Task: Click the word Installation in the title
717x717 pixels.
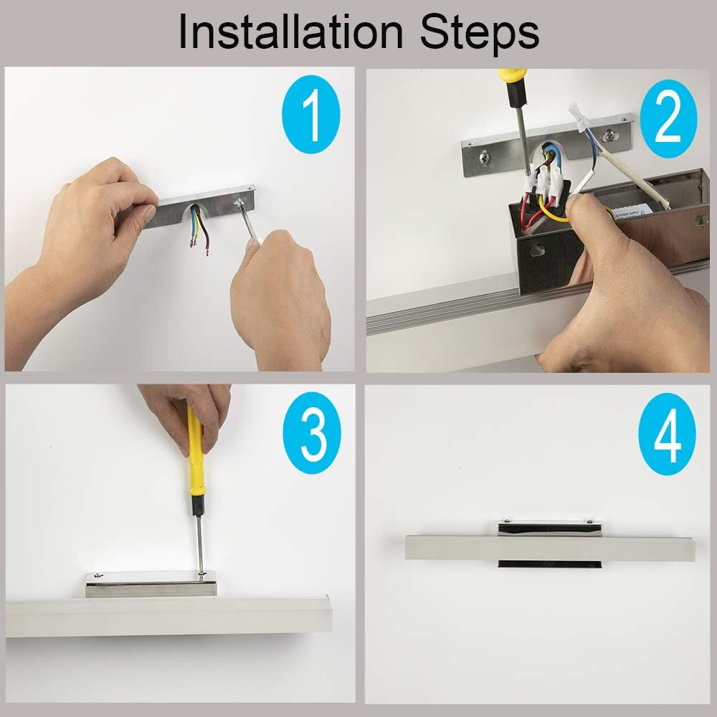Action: click(x=291, y=32)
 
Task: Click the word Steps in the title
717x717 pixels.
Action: click(x=480, y=34)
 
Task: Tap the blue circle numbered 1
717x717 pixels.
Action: click(x=311, y=114)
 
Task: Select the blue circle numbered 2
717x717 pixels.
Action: click(x=668, y=119)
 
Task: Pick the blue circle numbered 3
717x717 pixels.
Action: click(x=312, y=432)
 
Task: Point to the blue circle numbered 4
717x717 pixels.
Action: click(x=667, y=434)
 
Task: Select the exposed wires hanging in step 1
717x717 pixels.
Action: click(x=199, y=229)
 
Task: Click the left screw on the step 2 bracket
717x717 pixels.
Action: click(x=485, y=158)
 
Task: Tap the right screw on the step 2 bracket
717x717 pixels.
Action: click(x=609, y=135)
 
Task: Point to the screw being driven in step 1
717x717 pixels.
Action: click(x=238, y=202)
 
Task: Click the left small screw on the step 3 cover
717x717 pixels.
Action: click(x=97, y=575)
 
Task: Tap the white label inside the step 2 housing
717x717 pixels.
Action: click(x=633, y=211)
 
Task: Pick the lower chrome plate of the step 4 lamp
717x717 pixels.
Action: click(x=549, y=564)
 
